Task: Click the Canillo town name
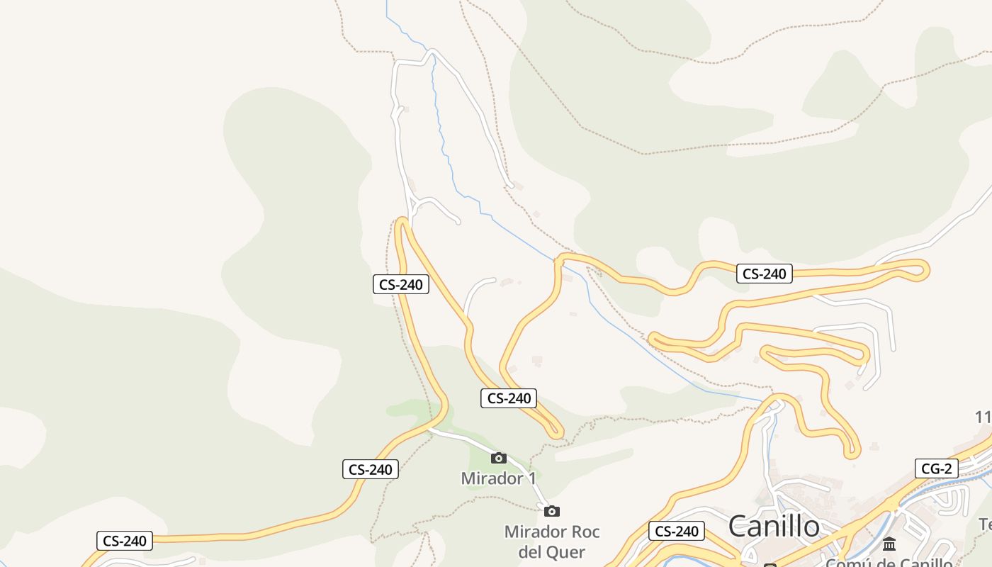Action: coord(774,527)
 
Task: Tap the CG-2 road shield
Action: coord(936,468)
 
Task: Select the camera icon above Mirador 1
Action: coord(499,458)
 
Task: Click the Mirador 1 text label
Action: coord(499,478)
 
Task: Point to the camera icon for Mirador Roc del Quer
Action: coord(552,511)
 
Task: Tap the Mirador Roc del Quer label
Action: coord(552,541)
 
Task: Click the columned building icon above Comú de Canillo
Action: coord(889,544)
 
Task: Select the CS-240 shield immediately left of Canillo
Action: coord(677,531)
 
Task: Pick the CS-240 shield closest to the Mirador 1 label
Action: coord(509,398)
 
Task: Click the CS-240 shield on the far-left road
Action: coord(125,541)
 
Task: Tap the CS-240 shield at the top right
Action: coord(765,274)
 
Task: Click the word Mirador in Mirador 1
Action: coord(490,478)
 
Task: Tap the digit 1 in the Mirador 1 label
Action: coord(531,478)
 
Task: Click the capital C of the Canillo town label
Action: coord(739,527)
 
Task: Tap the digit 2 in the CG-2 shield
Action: coord(947,468)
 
